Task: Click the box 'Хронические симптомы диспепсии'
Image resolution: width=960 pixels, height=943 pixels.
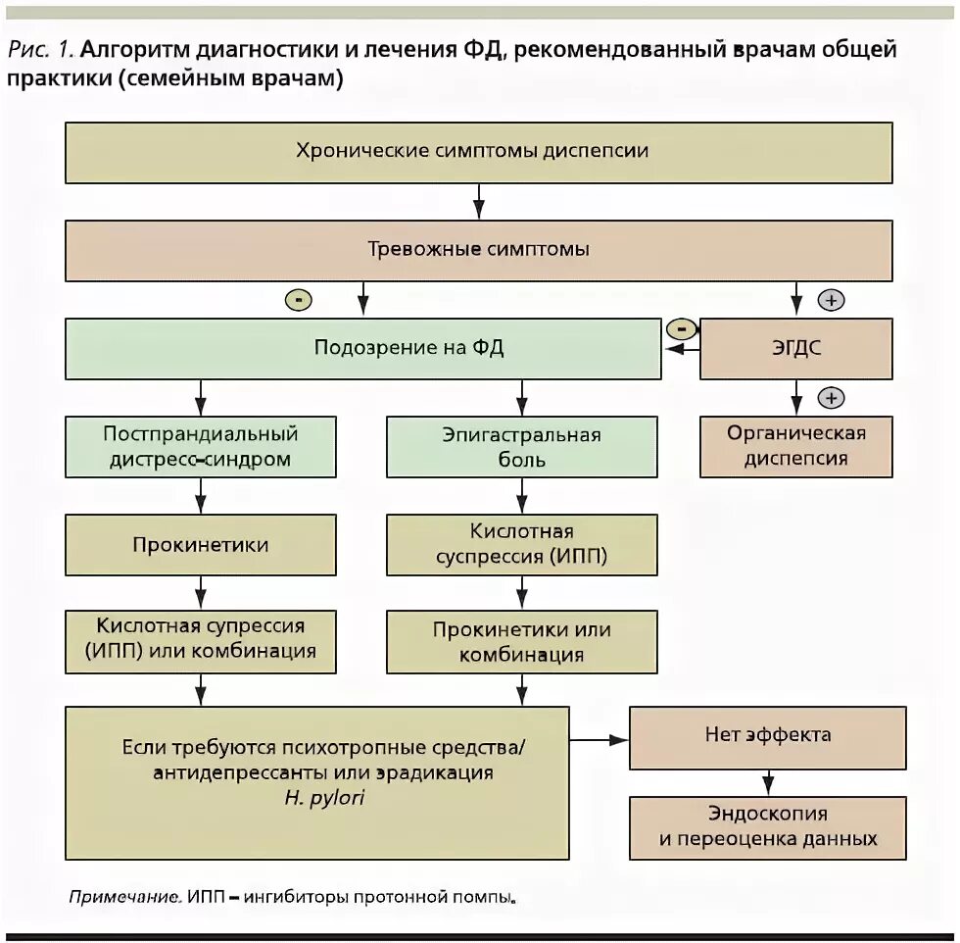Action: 478,152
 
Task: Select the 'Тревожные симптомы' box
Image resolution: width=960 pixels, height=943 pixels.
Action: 478,250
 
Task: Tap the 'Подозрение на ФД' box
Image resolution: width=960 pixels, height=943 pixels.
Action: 362,348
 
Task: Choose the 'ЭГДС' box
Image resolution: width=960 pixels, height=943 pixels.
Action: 795,348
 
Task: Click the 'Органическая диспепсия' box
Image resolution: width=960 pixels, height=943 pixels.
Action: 795,446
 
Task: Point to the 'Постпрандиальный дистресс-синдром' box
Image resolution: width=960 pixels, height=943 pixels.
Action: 200,446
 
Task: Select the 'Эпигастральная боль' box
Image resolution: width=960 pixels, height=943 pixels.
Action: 521,446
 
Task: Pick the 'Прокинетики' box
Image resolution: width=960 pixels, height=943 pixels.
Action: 200,545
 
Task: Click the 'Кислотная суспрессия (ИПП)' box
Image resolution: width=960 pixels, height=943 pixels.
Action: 521,545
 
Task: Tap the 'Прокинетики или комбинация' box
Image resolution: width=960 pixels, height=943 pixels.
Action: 521,642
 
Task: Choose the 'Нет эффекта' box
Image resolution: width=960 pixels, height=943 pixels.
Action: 767,735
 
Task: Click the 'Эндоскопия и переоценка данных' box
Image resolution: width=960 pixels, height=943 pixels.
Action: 767,825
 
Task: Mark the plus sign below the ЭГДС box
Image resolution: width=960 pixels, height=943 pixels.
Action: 831,398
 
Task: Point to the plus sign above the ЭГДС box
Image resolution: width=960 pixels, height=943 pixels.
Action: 831,301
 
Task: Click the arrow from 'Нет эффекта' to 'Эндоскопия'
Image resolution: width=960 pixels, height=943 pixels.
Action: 768,781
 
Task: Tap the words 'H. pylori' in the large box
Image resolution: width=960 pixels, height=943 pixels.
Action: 322,799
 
